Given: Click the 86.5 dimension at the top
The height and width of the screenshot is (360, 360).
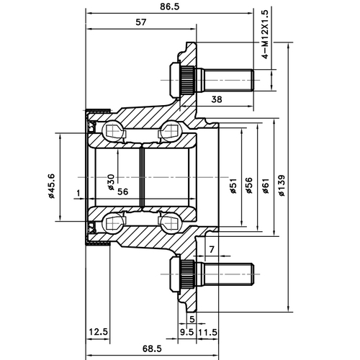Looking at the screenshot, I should coord(170,7).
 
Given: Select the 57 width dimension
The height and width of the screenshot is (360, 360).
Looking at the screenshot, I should coord(141,23).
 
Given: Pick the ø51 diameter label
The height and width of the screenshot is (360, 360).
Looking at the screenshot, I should coord(233,186).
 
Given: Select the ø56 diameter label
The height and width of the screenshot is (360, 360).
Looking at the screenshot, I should coord(248,186).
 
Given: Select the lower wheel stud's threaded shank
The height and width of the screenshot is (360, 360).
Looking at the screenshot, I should coord(227,273).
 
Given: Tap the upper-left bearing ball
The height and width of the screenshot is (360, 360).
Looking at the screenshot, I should coord(114,131).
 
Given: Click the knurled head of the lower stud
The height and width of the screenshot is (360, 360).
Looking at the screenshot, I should coord(184,273).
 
